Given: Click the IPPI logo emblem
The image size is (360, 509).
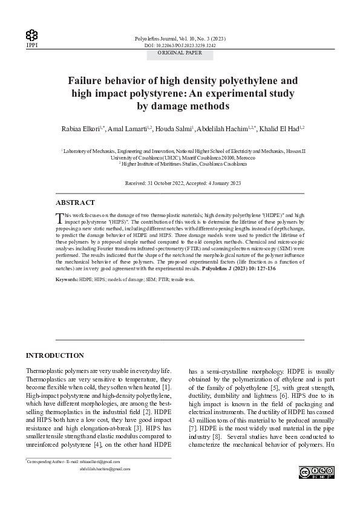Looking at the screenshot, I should (31, 36).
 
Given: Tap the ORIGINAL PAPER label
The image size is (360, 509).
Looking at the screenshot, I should (180, 53).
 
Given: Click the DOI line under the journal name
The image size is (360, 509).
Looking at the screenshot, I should (180, 45).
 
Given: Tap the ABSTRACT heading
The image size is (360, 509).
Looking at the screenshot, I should (74, 203).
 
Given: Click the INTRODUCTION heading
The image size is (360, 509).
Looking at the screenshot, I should (55, 355).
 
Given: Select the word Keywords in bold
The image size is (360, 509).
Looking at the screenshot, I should (67, 280).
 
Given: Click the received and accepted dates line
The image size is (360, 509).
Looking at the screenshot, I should (183, 183).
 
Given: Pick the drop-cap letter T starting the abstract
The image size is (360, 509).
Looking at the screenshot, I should (59, 218).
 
